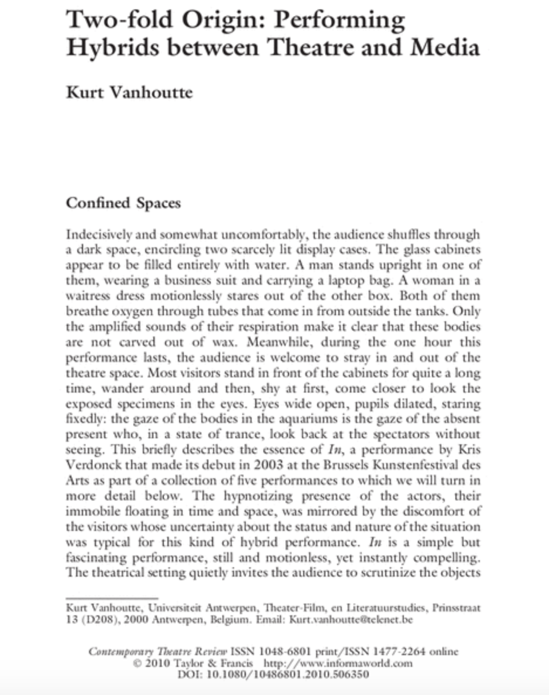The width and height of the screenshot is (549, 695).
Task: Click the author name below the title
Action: (129, 93)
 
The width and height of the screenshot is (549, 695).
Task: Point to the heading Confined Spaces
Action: (123, 203)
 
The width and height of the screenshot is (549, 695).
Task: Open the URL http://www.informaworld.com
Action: (339, 663)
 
